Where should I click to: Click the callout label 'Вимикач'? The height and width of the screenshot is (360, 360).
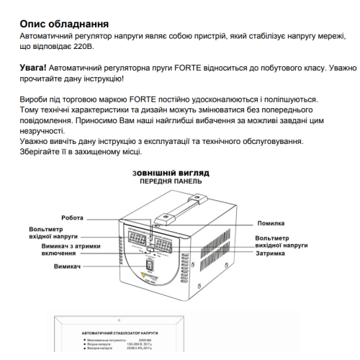pos(66,267)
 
